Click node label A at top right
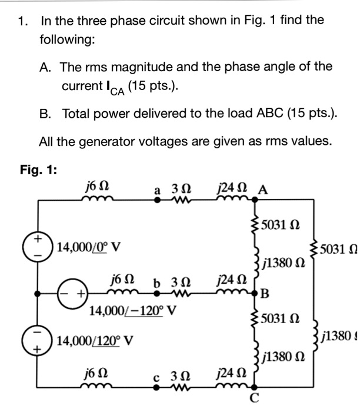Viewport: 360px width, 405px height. [x=263, y=190]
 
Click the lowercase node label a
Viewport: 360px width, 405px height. [x=157, y=190]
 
